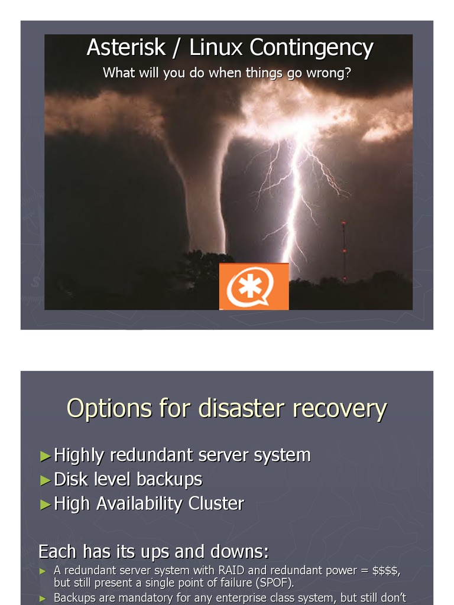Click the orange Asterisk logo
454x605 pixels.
254,287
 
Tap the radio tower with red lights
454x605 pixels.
343,251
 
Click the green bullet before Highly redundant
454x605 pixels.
46,456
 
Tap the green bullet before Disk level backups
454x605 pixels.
46,480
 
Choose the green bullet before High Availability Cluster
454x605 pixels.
46,504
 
